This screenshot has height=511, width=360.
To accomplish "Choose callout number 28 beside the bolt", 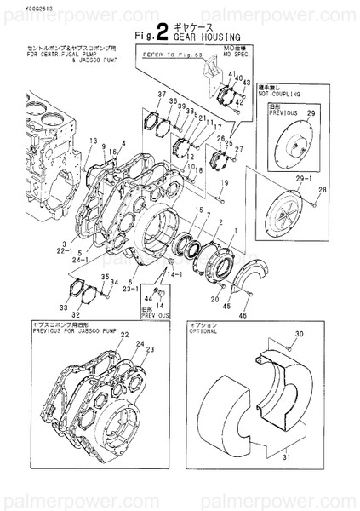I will tap(323, 189).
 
